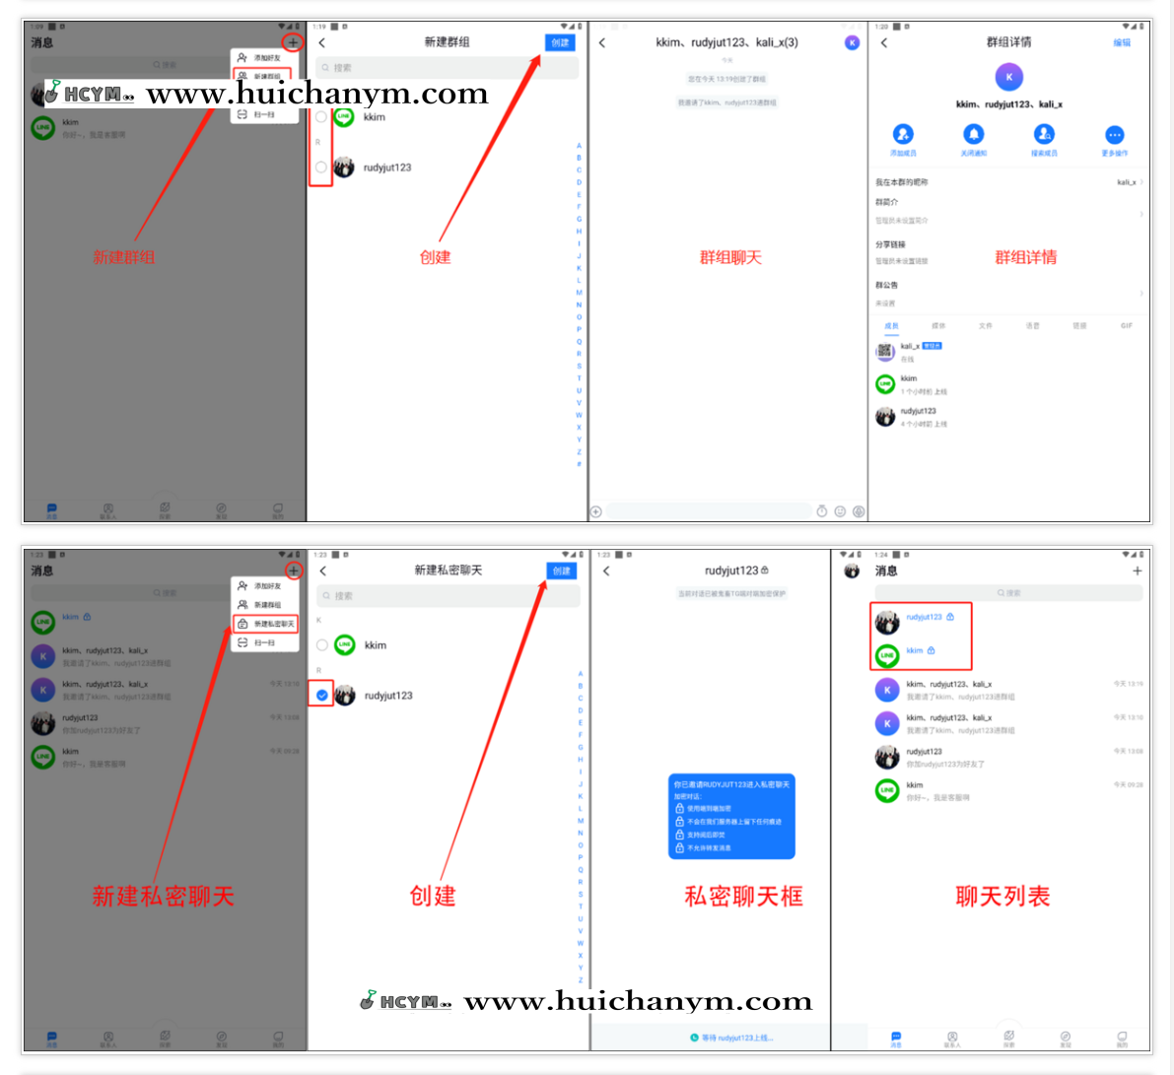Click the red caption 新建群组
(x=123, y=257)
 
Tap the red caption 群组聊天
(x=730, y=257)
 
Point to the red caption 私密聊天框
(x=743, y=896)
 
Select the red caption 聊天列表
(x=1002, y=896)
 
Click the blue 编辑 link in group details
(x=1122, y=43)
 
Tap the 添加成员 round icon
(x=903, y=135)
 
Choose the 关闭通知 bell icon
(x=974, y=135)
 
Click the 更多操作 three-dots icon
(x=1115, y=135)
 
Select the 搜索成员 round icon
(x=1044, y=135)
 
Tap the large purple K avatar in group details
(x=1009, y=77)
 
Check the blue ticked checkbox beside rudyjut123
(x=322, y=695)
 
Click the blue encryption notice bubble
(x=731, y=816)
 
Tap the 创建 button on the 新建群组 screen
(x=560, y=42)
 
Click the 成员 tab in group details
(x=891, y=325)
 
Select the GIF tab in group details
(x=1126, y=325)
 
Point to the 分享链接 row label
(x=890, y=244)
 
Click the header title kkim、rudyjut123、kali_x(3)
(x=727, y=42)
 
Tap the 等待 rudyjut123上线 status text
(x=737, y=1038)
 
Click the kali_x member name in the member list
(x=910, y=346)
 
